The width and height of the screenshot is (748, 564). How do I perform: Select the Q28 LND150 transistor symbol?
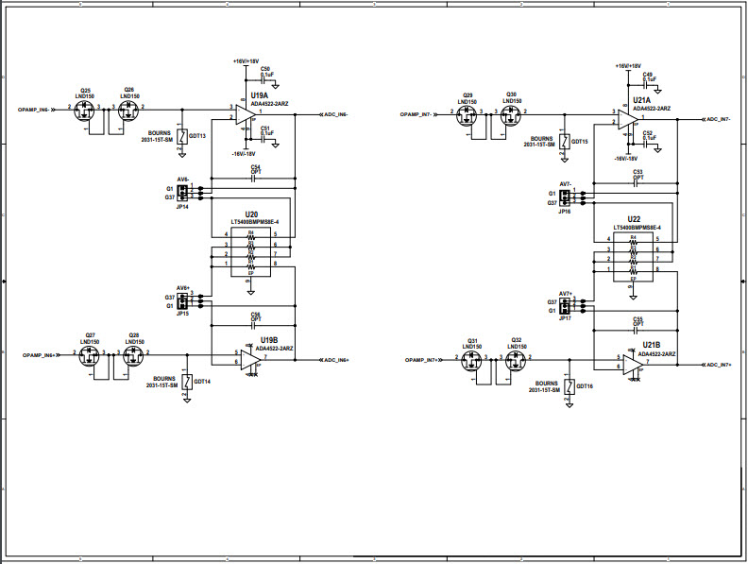(131, 356)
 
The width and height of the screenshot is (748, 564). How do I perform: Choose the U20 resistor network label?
(250, 214)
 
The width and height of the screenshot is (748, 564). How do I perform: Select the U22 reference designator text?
(633, 219)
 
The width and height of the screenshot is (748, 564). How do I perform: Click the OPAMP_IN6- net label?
(39, 111)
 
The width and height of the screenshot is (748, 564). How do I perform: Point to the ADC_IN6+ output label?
(336, 360)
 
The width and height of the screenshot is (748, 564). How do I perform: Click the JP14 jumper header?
(183, 193)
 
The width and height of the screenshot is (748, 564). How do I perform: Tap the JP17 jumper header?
(565, 306)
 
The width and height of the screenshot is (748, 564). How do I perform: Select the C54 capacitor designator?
(255, 166)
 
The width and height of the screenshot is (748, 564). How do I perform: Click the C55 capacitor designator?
(637, 318)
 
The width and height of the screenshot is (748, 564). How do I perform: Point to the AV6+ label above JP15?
(183, 287)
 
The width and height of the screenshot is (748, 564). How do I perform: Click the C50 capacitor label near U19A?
(265, 69)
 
